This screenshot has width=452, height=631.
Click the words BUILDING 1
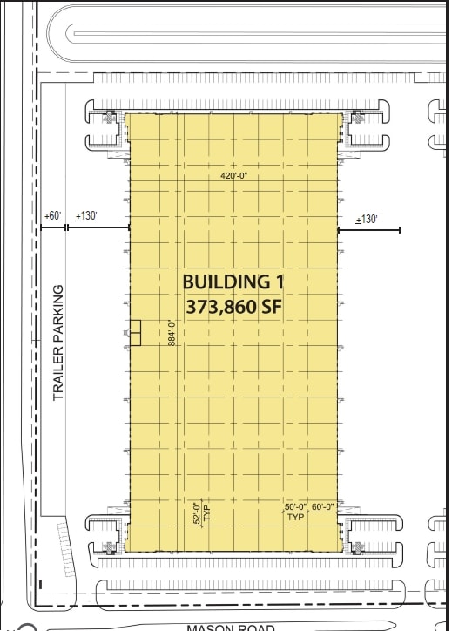click(233, 282)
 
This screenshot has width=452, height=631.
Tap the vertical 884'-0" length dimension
click(172, 334)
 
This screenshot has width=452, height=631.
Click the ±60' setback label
click(53, 216)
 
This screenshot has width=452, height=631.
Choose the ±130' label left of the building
click(87, 216)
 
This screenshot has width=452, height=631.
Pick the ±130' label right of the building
click(366, 219)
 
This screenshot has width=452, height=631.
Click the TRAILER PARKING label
click(59, 343)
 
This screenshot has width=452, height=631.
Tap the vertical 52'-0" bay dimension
click(197, 512)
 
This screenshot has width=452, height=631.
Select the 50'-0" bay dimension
click(296, 506)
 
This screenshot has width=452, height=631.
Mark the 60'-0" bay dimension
click(322, 506)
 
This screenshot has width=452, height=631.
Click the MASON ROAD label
click(230, 627)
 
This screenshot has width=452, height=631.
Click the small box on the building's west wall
click(134, 332)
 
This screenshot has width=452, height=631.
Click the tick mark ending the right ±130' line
click(400, 230)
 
